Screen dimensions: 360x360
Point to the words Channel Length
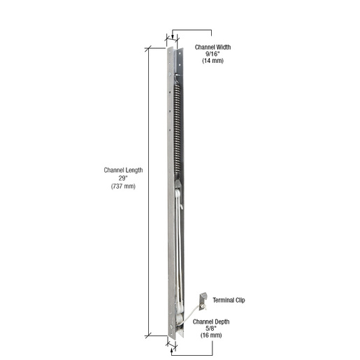point(123,171)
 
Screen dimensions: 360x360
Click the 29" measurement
point(123,178)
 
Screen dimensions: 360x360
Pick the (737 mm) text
point(123,185)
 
